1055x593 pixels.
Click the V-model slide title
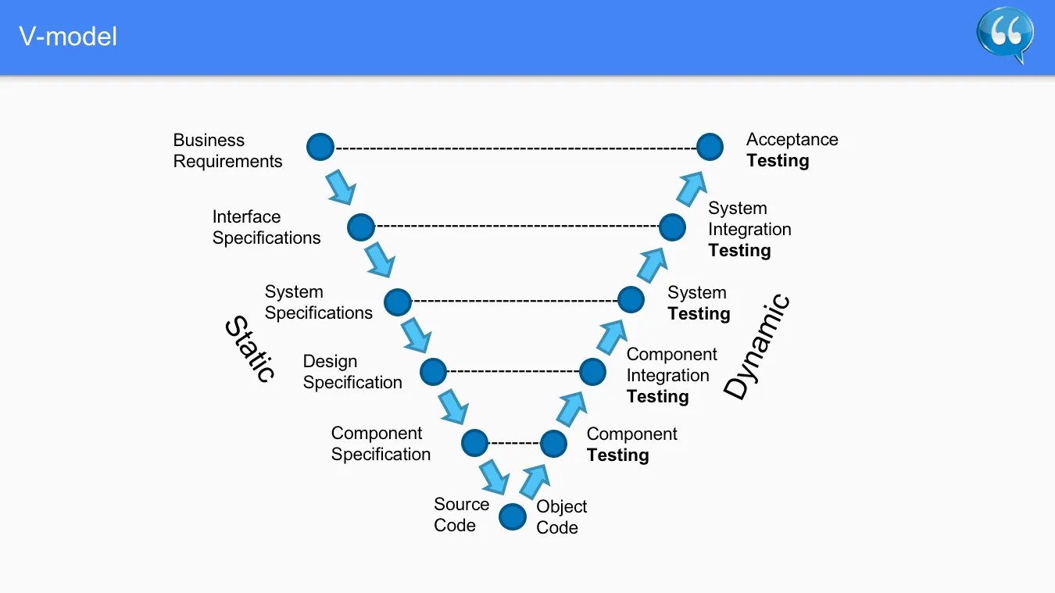coord(68,36)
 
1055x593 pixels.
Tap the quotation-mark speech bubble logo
coord(1004,34)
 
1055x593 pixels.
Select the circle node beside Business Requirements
coord(320,147)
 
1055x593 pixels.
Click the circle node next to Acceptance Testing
coord(710,147)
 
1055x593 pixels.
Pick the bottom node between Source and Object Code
coord(513,516)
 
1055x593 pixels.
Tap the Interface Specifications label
coord(266,227)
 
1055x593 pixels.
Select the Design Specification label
coord(352,372)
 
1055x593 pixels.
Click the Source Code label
coord(461,515)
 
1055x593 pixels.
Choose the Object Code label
coord(561,517)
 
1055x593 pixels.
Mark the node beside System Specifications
coord(398,302)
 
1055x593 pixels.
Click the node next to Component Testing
coord(553,444)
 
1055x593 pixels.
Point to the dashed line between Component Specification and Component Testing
coord(513,444)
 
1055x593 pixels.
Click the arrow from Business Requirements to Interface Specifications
coord(341,187)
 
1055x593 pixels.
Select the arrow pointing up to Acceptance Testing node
coord(690,188)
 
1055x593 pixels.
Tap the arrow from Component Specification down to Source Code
coord(494,477)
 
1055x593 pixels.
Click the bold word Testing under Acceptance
coord(778,161)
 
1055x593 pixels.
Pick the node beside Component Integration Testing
coord(592,372)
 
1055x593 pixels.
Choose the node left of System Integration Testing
coord(672,227)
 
